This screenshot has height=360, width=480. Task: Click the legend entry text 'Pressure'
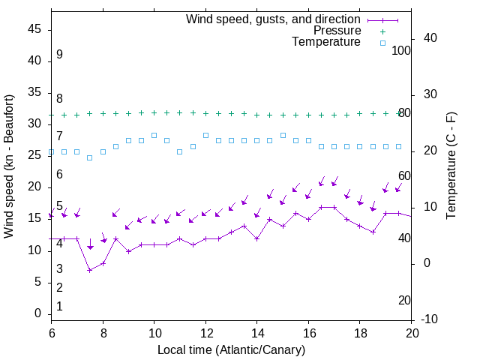coord(337,31)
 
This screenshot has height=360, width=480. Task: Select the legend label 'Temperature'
coord(326,42)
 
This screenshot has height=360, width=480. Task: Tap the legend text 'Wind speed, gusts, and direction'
coord(274,19)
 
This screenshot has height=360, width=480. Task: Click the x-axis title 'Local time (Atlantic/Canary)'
coord(231,349)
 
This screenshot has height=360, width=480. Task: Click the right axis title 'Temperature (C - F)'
coord(451,166)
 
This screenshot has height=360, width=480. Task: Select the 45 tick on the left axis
coord(34,29)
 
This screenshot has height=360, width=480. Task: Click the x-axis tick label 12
coord(205,332)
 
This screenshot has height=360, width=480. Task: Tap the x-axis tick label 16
coord(308,332)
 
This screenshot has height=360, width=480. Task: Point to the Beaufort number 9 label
coord(59,55)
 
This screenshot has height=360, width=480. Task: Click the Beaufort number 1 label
coord(59,306)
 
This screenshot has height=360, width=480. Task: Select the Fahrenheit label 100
coord(402,50)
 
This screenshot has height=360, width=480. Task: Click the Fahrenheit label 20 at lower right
coord(404,300)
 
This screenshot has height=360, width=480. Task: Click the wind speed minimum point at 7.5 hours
coord(90,270)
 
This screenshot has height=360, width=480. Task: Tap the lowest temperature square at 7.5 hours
coord(90,157)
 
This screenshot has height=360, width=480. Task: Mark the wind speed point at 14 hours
coord(257,238)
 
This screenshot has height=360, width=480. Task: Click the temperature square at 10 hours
coord(154,135)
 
